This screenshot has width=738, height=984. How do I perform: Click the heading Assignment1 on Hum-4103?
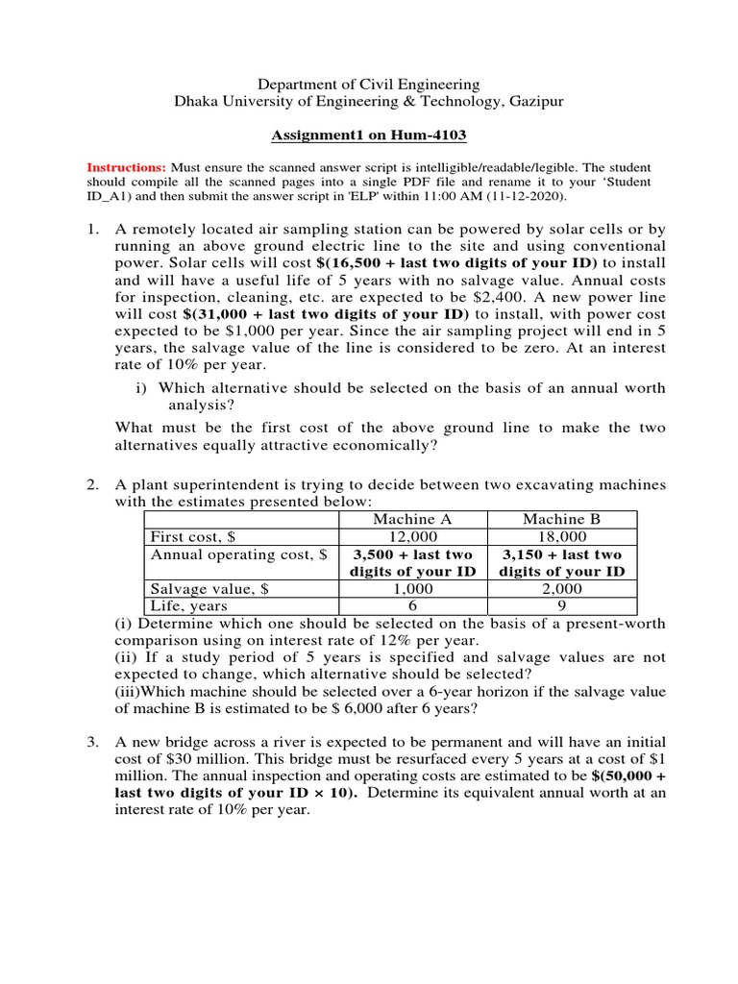click(x=370, y=137)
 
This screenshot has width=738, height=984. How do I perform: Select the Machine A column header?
click(x=413, y=519)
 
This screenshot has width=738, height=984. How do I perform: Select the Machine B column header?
click(x=561, y=519)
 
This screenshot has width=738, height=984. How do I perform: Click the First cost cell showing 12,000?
click(x=413, y=536)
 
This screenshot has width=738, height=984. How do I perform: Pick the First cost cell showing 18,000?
click(x=561, y=536)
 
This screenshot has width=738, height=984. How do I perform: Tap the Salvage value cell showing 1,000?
click(x=413, y=588)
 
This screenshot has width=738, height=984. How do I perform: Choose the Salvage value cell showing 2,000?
click(x=561, y=588)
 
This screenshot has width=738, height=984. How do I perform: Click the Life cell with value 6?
click(x=413, y=605)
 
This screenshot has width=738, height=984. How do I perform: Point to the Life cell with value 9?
click(x=561, y=605)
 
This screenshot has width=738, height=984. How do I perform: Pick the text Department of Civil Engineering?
click(x=370, y=86)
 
